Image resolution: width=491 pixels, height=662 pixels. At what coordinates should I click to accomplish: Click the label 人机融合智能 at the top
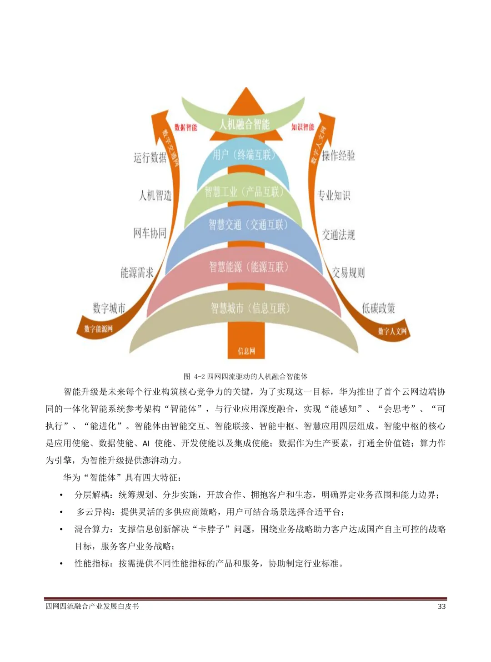[244, 124]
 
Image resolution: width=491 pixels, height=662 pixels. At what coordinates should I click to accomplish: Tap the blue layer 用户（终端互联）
[244, 155]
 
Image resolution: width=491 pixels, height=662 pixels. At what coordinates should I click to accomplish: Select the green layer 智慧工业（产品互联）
[244, 192]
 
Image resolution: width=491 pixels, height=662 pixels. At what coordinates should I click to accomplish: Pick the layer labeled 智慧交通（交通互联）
[248, 224]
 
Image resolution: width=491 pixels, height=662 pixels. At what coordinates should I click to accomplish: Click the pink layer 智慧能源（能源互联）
[248, 267]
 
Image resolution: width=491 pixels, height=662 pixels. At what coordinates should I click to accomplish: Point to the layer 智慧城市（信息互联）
[250, 308]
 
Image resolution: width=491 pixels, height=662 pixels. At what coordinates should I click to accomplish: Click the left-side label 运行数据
[150, 157]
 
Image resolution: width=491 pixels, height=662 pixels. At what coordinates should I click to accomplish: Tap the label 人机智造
[155, 196]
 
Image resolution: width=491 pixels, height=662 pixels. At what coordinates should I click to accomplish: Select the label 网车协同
[150, 233]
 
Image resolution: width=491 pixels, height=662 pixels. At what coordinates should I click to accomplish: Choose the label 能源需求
[137, 273]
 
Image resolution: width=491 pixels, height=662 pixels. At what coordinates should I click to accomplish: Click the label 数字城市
[109, 308]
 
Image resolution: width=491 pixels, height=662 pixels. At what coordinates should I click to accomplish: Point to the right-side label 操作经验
[338, 156]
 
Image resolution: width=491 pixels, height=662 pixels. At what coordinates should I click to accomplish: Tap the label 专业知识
[334, 195]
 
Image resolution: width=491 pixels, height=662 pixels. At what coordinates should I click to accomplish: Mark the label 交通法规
[338, 235]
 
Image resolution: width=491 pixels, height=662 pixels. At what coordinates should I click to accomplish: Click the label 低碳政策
[378, 308]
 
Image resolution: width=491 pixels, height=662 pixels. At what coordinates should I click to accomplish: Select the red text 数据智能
[185, 127]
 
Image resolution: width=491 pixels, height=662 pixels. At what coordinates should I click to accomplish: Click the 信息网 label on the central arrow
[246, 351]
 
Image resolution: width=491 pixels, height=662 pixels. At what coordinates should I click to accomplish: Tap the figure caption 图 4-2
[245, 376]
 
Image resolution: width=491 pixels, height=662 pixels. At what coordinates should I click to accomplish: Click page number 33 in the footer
[441, 606]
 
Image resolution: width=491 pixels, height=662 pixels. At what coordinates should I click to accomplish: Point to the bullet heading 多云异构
[94, 512]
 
